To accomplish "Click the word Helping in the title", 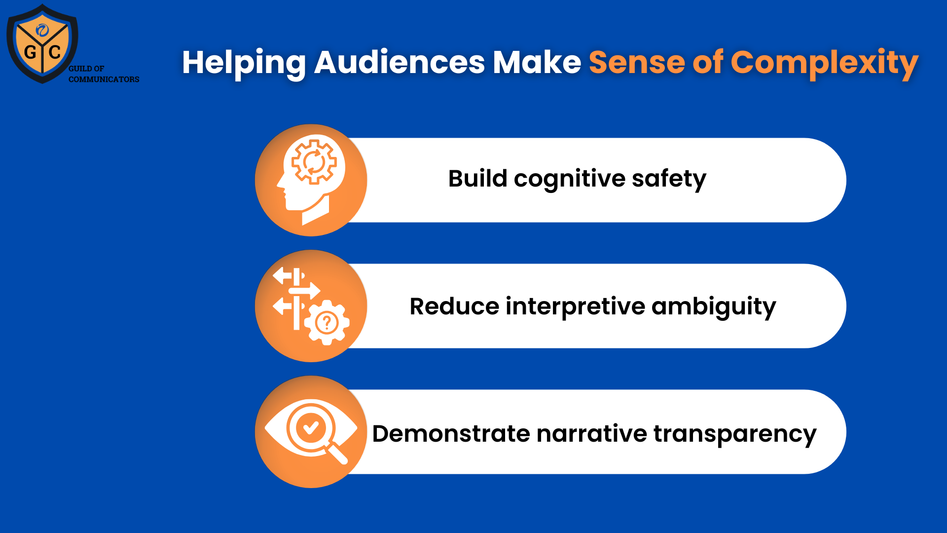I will pos(244,63).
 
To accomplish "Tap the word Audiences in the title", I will pos(399,63).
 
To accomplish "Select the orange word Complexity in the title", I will pos(824,63).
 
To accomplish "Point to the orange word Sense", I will pos(636,63).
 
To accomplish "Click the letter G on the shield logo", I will pos(30,52).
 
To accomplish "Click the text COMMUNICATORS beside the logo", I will pos(104,79).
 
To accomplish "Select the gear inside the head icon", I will pos(314,161).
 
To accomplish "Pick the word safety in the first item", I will pos(669,179).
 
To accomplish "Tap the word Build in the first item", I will pos(477,179).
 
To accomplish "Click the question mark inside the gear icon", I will pos(327,323).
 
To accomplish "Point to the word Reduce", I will pos(454,306).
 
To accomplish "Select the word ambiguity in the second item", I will pos(714,306).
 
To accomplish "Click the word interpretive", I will pos(575,306).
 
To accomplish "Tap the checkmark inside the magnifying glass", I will pos(311,427).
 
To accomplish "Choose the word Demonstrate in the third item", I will pos(451,434).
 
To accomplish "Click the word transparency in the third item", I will pos(735,434).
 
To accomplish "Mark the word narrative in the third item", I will pos(591,434).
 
